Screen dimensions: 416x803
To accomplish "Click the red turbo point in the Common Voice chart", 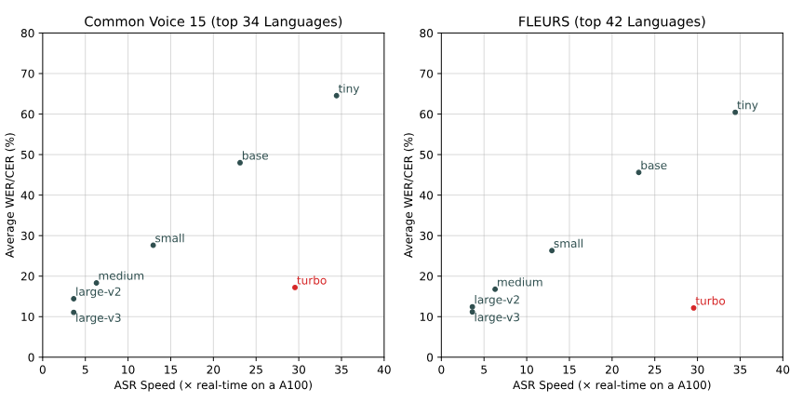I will click(x=295, y=288).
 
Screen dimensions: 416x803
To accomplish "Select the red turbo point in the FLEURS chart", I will click(x=693, y=308).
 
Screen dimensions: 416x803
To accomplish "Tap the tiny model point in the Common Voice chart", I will click(x=337, y=95).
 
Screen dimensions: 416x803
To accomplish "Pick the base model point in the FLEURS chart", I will click(x=638, y=172).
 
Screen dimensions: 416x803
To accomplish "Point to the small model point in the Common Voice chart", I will click(x=154, y=245).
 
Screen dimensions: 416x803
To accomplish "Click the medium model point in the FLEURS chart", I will click(x=495, y=289).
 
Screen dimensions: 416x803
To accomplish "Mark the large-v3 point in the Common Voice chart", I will click(x=74, y=313).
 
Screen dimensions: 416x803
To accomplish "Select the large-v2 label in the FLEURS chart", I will click(x=497, y=300).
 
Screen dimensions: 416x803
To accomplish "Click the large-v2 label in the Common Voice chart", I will click(x=99, y=292).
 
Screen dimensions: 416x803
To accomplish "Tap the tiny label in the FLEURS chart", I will click(x=747, y=106).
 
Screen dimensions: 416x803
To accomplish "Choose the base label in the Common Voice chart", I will click(x=255, y=156).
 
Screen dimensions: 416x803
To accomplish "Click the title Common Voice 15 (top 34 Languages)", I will click(x=213, y=21).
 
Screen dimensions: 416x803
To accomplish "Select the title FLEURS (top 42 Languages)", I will click(x=611, y=21).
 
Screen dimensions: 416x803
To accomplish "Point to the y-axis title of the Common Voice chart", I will click(x=11, y=195).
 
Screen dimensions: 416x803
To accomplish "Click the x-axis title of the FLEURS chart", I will click(x=611, y=385).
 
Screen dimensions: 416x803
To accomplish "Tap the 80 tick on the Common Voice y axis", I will click(x=29, y=34).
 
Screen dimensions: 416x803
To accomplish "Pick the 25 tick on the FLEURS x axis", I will click(x=655, y=369).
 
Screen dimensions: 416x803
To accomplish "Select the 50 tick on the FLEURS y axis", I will click(x=427, y=154).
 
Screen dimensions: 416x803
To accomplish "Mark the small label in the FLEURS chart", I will click(x=569, y=244).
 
